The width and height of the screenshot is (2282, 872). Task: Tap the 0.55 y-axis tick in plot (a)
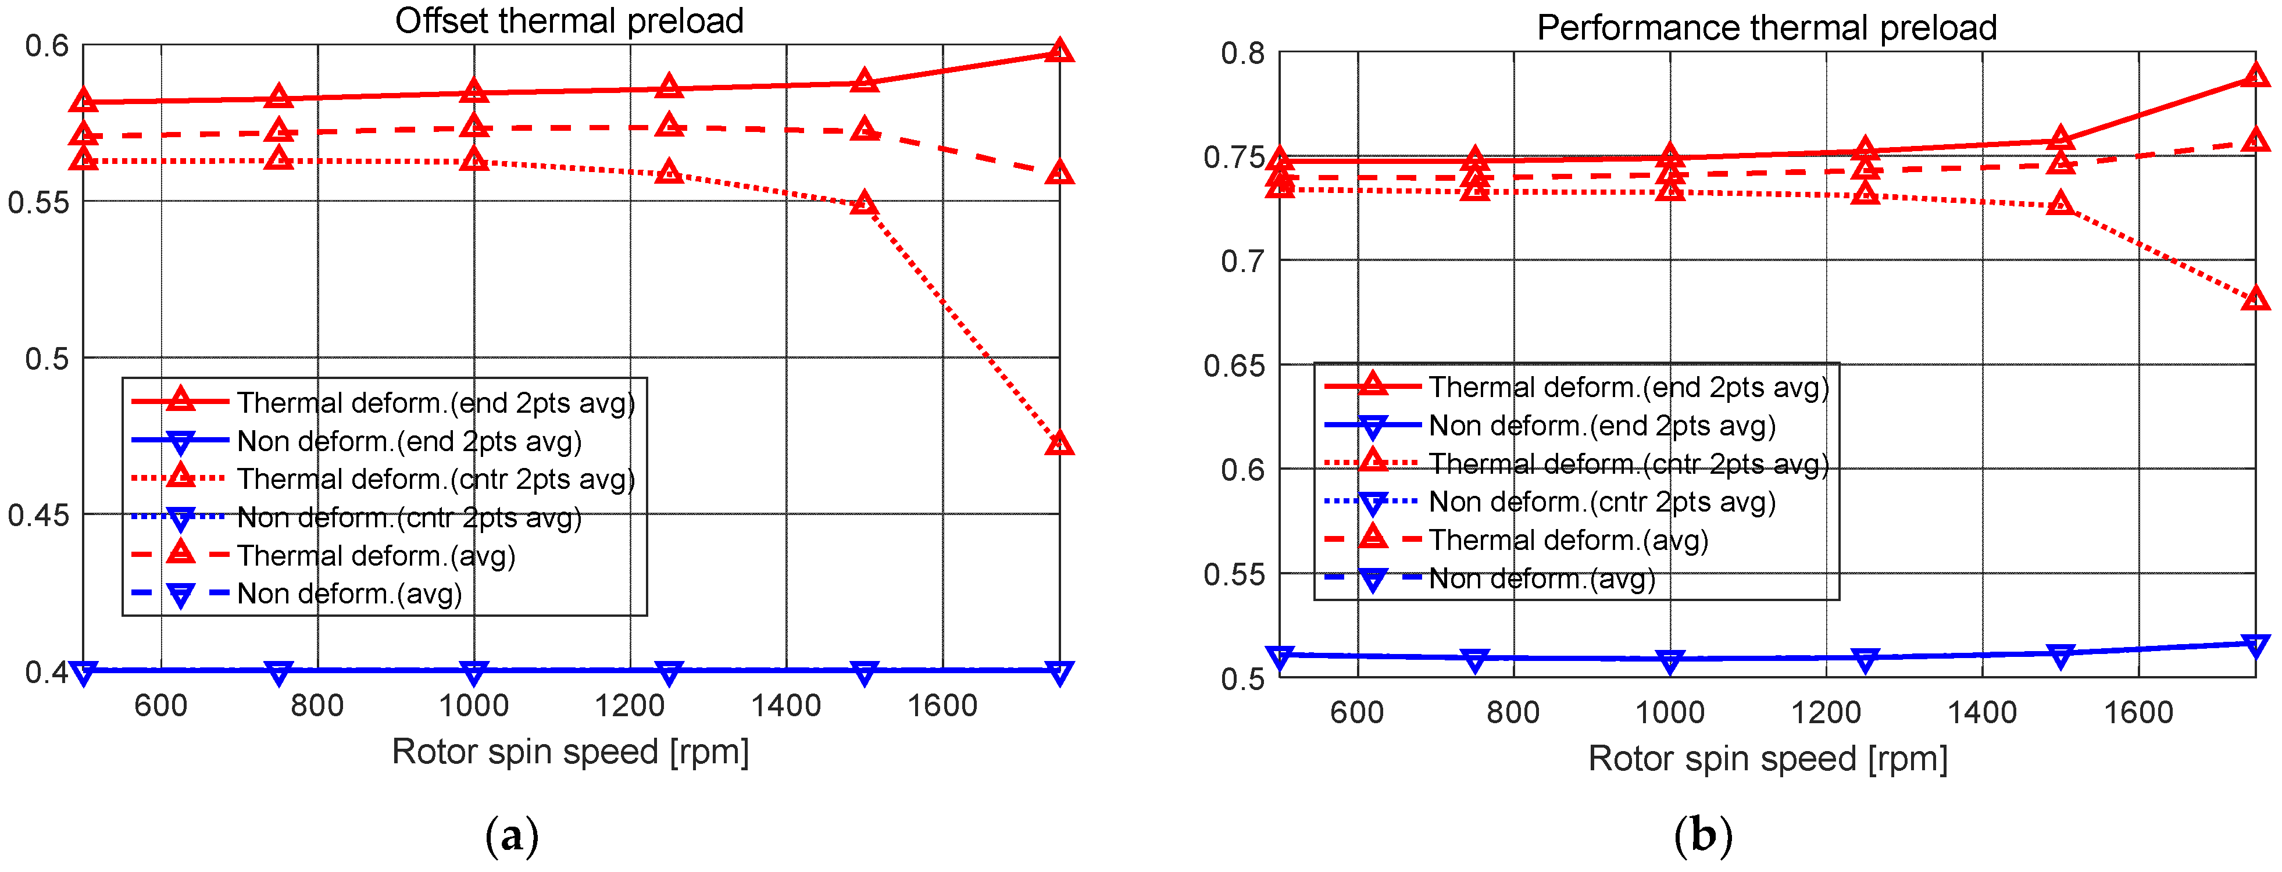(x=38, y=202)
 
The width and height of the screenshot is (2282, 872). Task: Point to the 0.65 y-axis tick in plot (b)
(x=1233, y=365)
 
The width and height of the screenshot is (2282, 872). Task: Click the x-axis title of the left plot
(x=570, y=752)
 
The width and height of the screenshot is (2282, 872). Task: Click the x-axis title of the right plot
(x=1767, y=759)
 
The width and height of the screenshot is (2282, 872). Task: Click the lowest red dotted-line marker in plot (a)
(x=1059, y=442)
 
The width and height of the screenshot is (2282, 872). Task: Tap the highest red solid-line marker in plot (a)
(x=1059, y=51)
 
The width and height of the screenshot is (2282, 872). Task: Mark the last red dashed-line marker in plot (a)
(x=1059, y=172)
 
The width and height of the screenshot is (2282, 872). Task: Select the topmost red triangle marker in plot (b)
(x=2255, y=76)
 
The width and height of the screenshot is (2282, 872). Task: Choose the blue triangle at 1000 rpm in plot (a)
(x=474, y=673)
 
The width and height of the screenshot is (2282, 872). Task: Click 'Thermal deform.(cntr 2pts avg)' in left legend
(x=436, y=480)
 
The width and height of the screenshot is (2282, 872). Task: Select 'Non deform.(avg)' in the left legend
(x=350, y=594)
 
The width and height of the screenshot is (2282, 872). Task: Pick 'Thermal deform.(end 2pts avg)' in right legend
(x=1629, y=387)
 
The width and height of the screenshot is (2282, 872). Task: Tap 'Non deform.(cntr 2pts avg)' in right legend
(x=1602, y=502)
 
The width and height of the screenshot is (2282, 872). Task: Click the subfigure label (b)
(x=1703, y=835)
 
